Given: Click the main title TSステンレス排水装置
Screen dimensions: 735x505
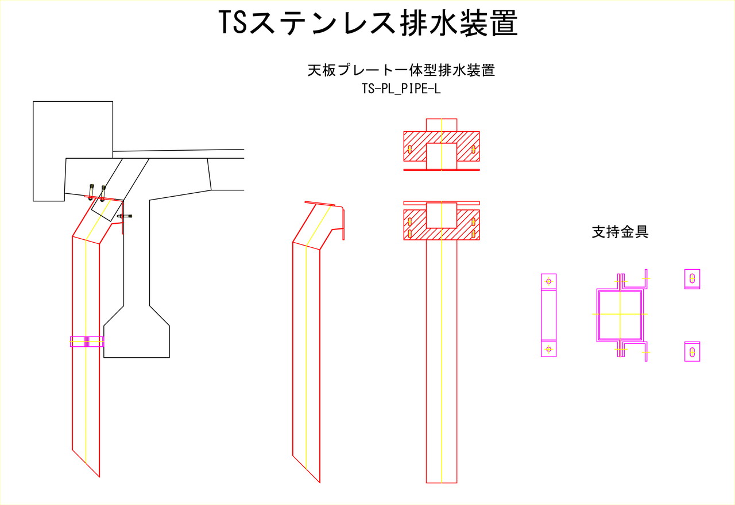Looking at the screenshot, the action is click(368, 22).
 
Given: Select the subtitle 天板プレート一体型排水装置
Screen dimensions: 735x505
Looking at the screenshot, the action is click(401, 70).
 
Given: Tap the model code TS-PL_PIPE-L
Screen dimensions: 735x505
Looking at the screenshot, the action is click(401, 89).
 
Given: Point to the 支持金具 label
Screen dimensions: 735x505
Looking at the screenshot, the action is click(620, 232).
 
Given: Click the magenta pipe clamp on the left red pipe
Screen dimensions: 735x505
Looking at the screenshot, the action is click(87, 342).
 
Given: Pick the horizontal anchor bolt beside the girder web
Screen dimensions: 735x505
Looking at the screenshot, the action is click(125, 216).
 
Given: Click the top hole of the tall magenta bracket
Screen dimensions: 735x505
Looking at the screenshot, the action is click(548, 281).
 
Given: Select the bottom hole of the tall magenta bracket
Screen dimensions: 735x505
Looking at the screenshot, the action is click(548, 349).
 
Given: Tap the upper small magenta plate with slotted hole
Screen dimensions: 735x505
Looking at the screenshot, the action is click(692, 279).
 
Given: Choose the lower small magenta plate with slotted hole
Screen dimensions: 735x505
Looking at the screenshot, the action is click(692, 352).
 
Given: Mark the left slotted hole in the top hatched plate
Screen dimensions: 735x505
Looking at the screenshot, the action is click(409, 150).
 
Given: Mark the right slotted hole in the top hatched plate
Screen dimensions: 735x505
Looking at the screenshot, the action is click(473, 150).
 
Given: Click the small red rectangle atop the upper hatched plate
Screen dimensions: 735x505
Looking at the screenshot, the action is click(442, 125).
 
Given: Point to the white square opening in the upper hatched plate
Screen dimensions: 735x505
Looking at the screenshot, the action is click(442, 156).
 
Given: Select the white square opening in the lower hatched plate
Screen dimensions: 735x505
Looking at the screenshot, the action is click(442, 215).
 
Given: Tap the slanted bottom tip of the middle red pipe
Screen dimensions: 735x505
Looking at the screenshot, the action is click(320, 483).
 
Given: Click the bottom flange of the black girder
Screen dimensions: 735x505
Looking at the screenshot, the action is click(137, 341).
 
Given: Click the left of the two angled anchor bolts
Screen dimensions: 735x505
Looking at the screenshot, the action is click(91, 191).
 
